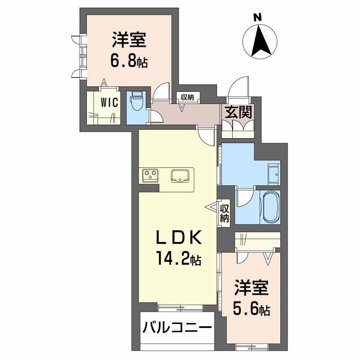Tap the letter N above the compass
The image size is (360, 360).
[x=257, y=18]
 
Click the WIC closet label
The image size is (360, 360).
[x=109, y=102]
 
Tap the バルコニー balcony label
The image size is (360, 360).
[x=177, y=327]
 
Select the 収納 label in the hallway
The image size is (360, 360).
[x=188, y=97]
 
